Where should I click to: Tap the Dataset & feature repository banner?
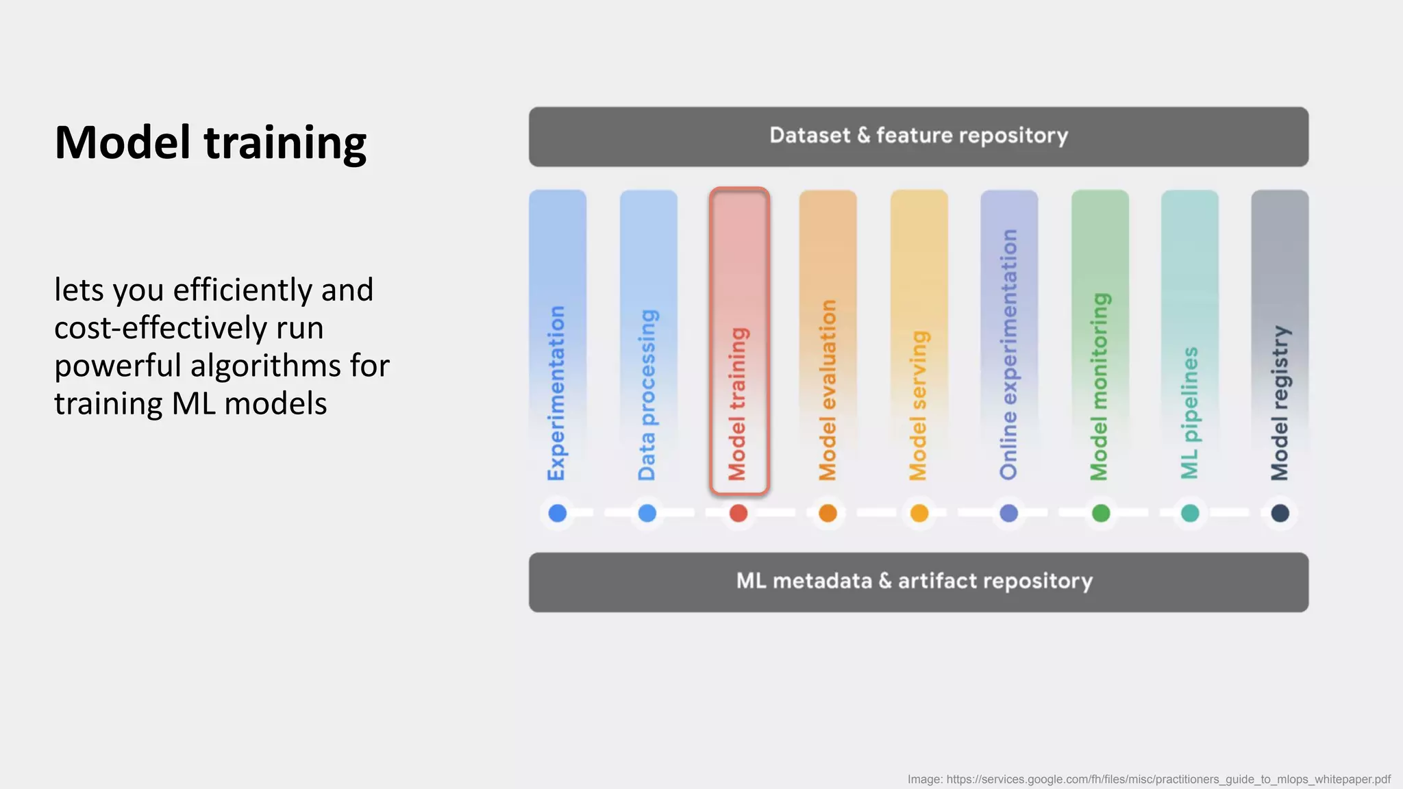918,136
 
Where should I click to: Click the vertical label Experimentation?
557,393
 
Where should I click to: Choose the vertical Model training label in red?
738,404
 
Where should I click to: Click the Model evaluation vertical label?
828,390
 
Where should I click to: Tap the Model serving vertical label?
918,405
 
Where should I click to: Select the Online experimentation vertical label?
1008,354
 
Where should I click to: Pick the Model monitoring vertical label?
1099,387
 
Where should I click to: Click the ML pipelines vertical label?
1189,413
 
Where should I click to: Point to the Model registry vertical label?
1280,403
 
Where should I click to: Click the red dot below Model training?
738,513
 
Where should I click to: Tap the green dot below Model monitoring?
1100,513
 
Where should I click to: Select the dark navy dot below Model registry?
1280,513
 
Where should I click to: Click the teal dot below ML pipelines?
1190,513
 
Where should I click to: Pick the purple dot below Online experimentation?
1008,513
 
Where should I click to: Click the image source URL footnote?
1149,779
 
